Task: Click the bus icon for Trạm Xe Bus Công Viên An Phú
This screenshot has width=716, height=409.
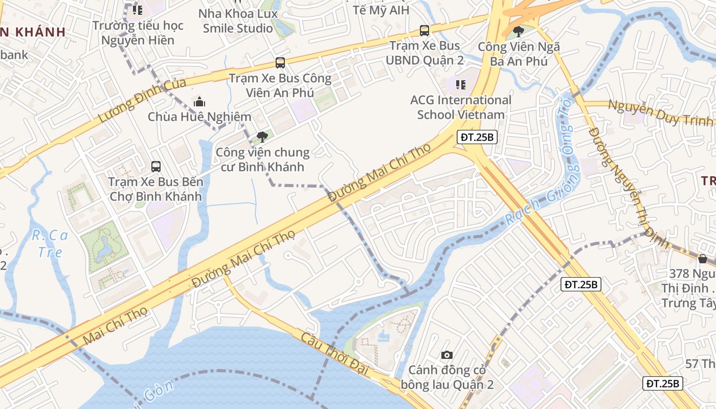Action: point(280,63)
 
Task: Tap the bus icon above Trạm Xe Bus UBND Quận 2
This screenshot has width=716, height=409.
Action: point(424,30)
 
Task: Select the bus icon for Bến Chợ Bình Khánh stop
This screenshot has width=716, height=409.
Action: point(155,166)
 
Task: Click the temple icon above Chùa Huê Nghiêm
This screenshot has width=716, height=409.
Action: point(199,102)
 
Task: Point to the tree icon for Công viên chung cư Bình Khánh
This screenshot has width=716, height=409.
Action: point(262,137)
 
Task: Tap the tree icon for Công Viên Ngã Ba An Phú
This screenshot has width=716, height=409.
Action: point(519,32)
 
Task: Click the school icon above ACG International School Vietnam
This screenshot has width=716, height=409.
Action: point(460,84)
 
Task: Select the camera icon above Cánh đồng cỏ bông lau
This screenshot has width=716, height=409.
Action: point(446,355)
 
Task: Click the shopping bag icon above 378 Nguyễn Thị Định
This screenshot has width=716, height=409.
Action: point(703,259)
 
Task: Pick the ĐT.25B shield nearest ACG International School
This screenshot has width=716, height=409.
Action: point(477,137)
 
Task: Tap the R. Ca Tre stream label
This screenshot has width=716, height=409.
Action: point(50,243)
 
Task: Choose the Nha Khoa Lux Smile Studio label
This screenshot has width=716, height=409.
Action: point(238,21)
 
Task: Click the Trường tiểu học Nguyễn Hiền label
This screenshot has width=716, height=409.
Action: point(138,33)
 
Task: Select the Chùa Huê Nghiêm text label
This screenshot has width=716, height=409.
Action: point(199,117)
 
